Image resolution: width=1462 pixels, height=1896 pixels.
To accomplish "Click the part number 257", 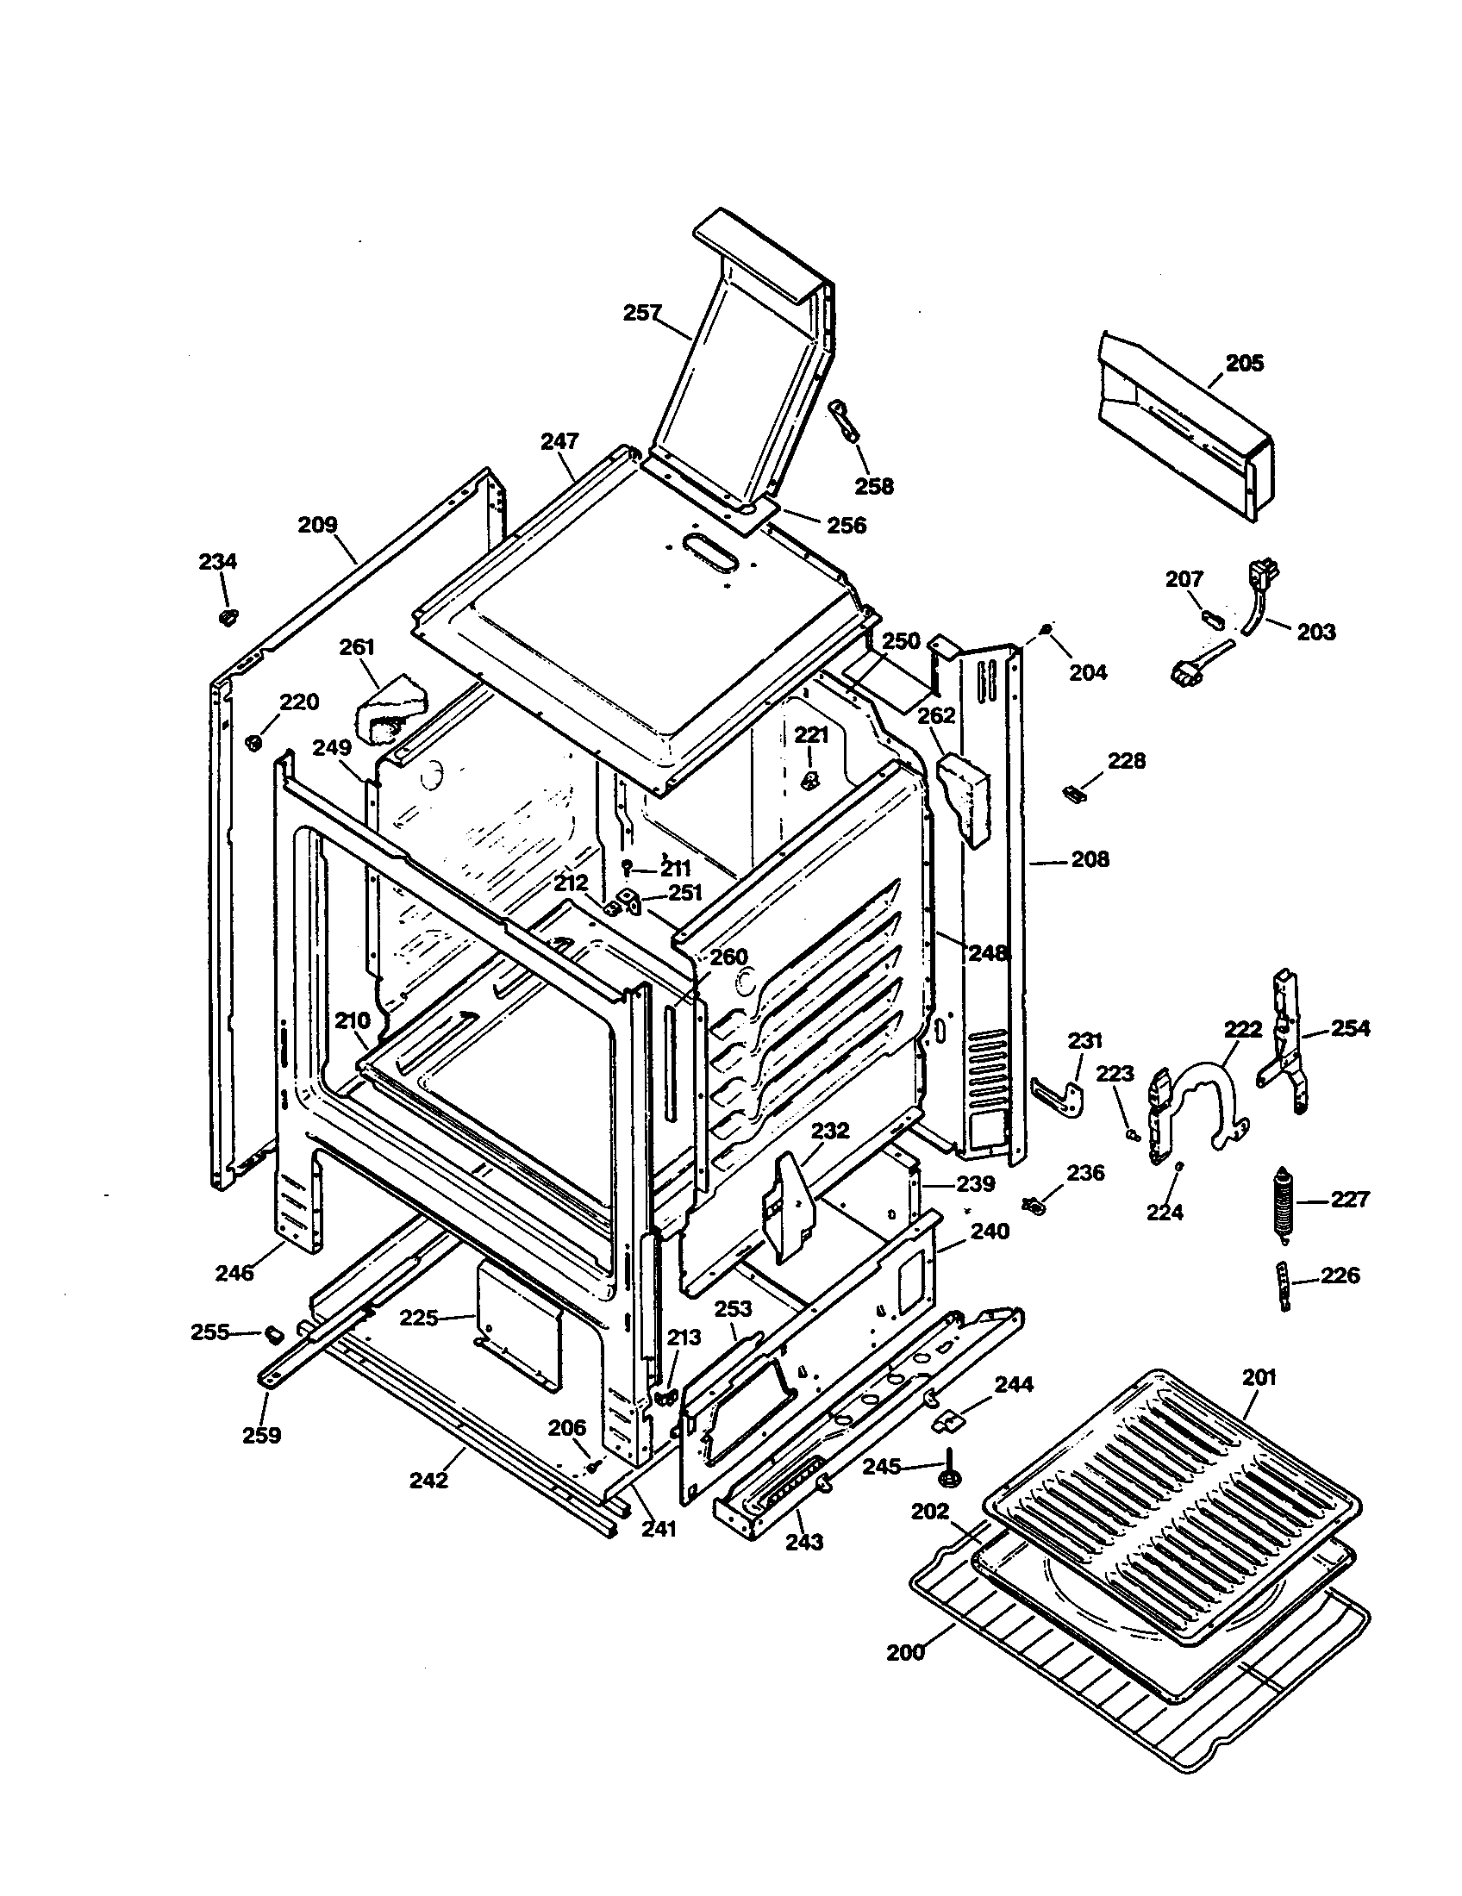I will pos(642,313).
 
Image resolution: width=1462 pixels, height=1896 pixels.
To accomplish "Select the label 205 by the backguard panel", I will pos(1244,363).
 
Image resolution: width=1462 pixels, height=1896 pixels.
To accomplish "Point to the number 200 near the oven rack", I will pos(905,1652).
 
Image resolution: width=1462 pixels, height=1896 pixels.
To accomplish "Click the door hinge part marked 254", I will pos(1284,1042).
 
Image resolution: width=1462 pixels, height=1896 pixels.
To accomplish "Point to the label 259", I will pos(261,1435).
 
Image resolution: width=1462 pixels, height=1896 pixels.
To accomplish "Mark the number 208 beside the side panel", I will pos(1090,859).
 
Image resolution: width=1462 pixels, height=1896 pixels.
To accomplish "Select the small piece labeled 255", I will pos(274,1332).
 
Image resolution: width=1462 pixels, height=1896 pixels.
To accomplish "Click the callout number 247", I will pos(559,441).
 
